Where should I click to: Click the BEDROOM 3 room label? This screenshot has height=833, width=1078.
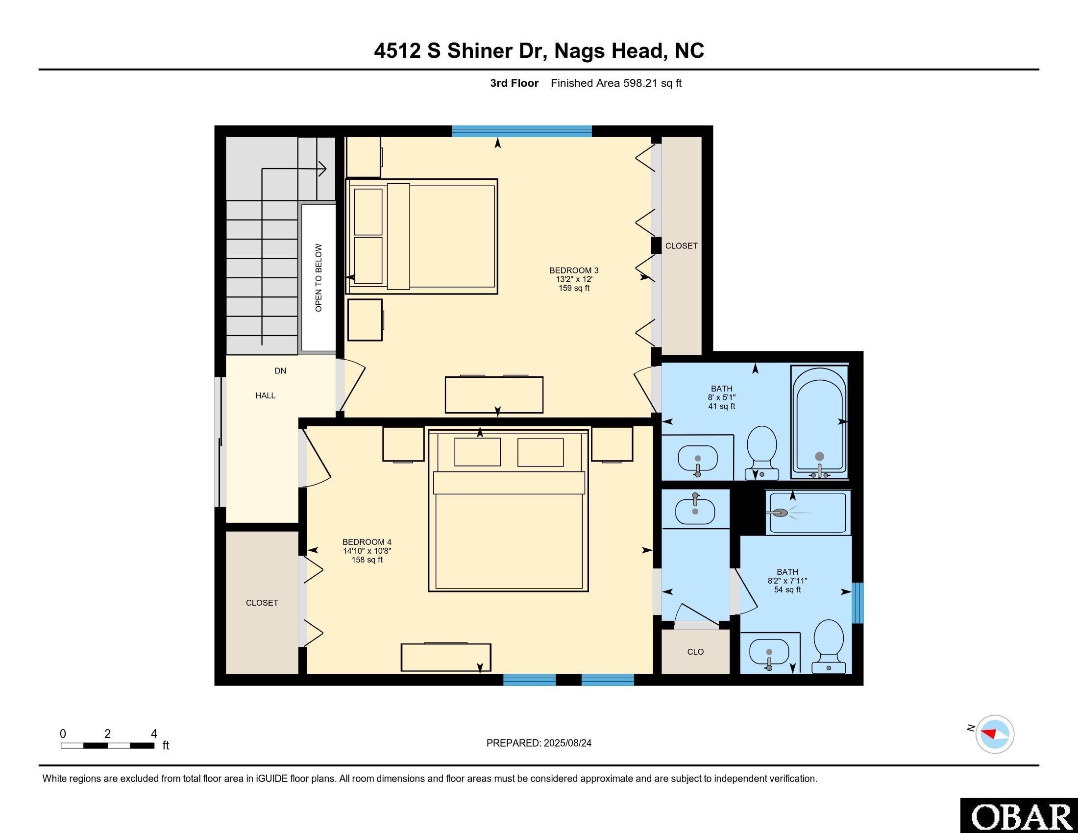pos(574,270)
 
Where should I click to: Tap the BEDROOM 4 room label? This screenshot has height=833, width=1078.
pos(367,542)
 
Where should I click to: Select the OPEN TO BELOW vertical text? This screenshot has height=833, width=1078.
pos(318,278)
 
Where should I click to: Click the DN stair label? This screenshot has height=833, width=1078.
pos(280,371)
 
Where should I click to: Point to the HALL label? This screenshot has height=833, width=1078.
pos(265,396)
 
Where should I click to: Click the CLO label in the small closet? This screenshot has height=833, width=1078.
pos(695,652)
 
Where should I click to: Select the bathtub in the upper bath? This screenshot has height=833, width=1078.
pos(819,422)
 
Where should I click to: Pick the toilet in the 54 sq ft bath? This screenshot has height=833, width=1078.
pos(828,644)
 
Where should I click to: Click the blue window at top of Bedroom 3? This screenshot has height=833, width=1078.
pos(522,131)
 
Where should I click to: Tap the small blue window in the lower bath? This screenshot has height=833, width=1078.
pos(858,603)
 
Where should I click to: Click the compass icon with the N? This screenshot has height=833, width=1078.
pos(994,734)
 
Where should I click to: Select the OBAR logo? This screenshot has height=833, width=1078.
pos(1019,815)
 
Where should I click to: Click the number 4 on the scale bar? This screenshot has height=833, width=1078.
pos(154,734)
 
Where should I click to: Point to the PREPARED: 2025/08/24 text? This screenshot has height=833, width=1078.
pos(539,743)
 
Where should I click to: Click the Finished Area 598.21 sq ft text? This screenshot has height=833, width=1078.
pos(615,83)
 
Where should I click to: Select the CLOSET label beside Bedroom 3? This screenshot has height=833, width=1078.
pos(681,246)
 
